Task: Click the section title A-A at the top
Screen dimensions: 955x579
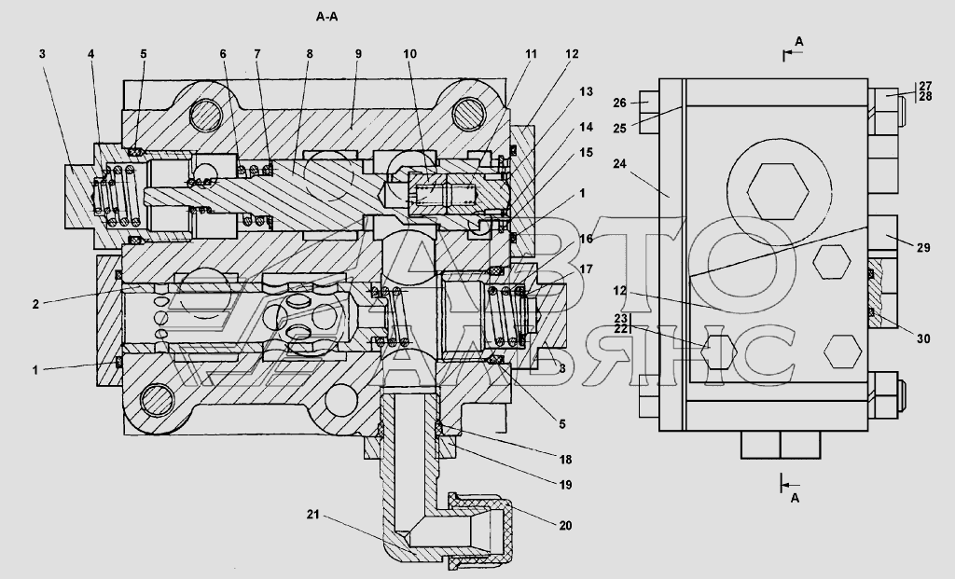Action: (x=326, y=17)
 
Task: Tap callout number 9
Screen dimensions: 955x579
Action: (x=358, y=53)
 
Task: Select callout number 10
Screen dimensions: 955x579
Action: (x=410, y=53)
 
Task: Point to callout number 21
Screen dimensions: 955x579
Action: (x=312, y=515)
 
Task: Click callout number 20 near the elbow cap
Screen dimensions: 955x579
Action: (x=565, y=526)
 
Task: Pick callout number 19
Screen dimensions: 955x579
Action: (x=565, y=485)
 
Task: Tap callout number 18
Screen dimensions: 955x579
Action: (x=565, y=460)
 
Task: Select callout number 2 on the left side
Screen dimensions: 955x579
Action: (x=36, y=304)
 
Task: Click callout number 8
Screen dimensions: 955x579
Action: (x=310, y=53)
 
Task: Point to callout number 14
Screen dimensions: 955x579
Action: (x=586, y=127)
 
